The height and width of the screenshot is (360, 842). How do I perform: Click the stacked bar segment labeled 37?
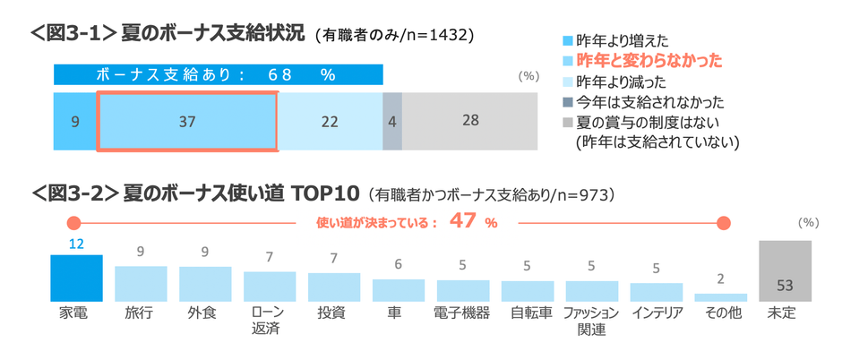click(x=187, y=121)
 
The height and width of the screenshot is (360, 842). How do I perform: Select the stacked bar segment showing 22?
click(x=331, y=121)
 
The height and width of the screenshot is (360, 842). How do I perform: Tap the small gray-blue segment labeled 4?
click(x=392, y=121)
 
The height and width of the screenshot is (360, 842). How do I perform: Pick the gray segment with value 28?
click(x=470, y=121)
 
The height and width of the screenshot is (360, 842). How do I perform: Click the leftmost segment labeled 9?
click(x=75, y=121)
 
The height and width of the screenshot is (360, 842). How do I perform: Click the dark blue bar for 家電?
click(x=76, y=278)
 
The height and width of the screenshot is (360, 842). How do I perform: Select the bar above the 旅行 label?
click(x=141, y=283)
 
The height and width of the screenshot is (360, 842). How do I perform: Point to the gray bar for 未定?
click(x=785, y=270)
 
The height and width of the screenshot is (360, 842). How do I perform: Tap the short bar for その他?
click(x=720, y=296)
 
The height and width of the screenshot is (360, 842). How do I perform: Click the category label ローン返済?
click(x=270, y=321)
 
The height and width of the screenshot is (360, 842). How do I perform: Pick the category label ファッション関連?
click(x=591, y=321)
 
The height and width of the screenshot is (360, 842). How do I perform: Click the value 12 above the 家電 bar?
click(x=76, y=244)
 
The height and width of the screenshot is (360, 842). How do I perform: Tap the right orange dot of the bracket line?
click(x=724, y=223)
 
